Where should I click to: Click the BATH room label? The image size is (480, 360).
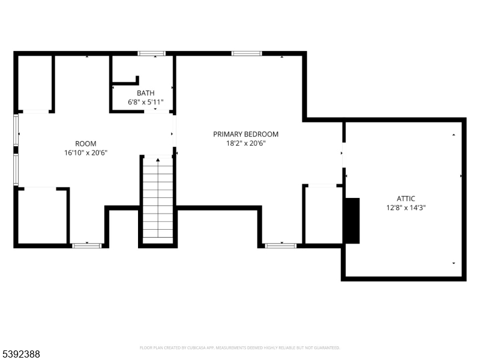pos(145,93)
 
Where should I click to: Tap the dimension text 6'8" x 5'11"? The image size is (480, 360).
pos(145,103)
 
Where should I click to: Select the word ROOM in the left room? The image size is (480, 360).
pos(85,143)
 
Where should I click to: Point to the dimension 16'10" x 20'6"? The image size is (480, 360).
pos(85,152)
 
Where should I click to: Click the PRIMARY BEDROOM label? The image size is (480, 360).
pos(245,134)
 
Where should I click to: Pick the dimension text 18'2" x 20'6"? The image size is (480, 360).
pos(245,143)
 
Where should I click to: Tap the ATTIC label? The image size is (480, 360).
pos(406,199)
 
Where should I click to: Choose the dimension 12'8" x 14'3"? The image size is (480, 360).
pos(406,208)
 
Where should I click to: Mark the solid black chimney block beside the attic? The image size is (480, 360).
pos(352,220)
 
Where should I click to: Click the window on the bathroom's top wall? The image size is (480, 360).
pos(152,53)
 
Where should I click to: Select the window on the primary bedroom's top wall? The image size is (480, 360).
pos(247,53)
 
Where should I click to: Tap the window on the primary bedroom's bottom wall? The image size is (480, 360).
pos(280,245)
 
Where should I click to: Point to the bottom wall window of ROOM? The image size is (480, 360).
pos(86,245)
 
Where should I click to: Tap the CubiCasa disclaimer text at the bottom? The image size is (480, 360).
pos(240,347)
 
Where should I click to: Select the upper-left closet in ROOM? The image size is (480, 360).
pos(35,83)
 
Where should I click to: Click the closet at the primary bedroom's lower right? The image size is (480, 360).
pos(323,215)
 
